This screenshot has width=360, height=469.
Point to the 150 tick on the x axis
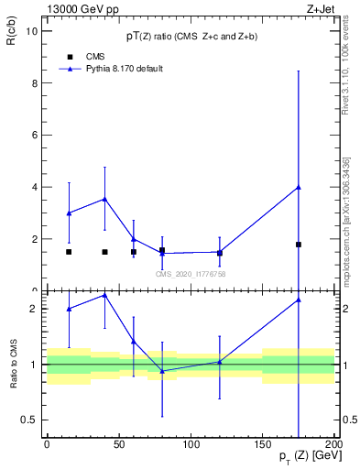click(263, 445)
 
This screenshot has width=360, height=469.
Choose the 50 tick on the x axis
click(118, 445)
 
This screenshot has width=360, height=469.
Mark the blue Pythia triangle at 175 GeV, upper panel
click(299, 187)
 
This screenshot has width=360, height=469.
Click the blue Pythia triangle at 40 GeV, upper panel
click(104, 199)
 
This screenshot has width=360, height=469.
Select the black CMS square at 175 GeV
click(299, 245)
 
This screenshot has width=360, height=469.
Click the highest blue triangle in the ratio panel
click(104, 295)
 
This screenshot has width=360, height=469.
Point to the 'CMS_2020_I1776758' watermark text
click(191, 274)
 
